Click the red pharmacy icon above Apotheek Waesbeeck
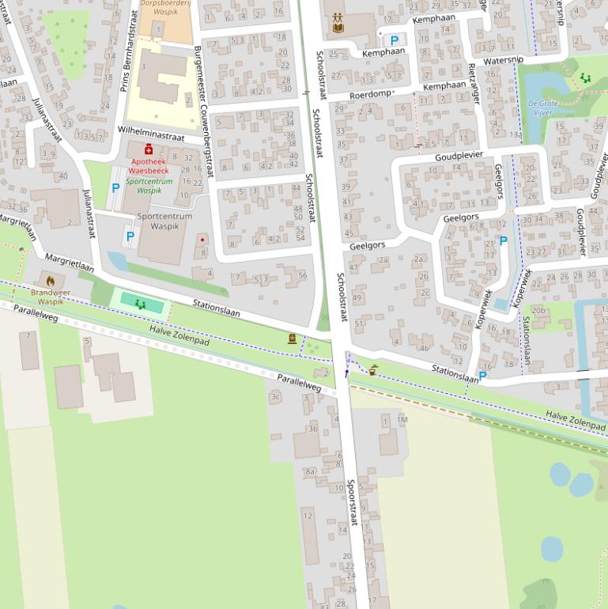pyautogui.click(x=148, y=149)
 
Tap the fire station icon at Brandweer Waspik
pyautogui.click(x=51, y=280)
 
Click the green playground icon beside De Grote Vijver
pyautogui.click(x=585, y=78)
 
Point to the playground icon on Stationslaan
pyautogui.click(x=141, y=303)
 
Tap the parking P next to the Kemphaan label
pyautogui.click(x=394, y=40)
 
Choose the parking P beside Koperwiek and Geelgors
pyautogui.click(x=503, y=241)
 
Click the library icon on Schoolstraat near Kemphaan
pyautogui.click(x=338, y=22)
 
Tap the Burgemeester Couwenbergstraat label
pyautogui.click(x=203, y=111)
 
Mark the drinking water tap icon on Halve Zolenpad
pyautogui.click(x=372, y=369)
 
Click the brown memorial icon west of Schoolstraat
pyautogui.click(x=292, y=339)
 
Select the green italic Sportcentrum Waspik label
pyautogui.click(x=149, y=186)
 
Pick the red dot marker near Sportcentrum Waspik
pyautogui.click(x=202, y=240)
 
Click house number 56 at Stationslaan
pyautogui.click(x=302, y=275)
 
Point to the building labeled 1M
pyautogui.click(x=402, y=419)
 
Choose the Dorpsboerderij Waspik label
pyautogui.click(x=166, y=8)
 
